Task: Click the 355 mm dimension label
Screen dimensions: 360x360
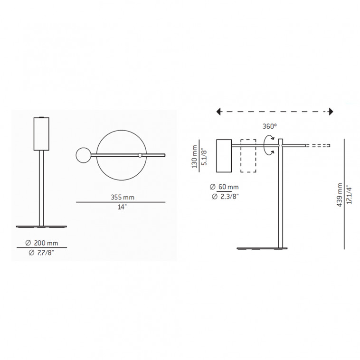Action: tap(123, 197)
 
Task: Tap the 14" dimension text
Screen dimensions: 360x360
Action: tap(122, 207)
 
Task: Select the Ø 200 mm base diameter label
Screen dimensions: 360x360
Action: tap(41, 243)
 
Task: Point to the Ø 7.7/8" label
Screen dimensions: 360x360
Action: tap(41, 253)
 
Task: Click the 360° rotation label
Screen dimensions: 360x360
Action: tap(270, 126)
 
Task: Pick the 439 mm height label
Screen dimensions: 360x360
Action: tap(340, 195)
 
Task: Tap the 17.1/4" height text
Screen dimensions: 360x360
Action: tap(349, 194)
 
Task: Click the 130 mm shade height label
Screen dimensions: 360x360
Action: tap(194, 156)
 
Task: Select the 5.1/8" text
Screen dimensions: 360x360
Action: tap(204, 157)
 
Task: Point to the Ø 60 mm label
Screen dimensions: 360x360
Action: tap(224, 187)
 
